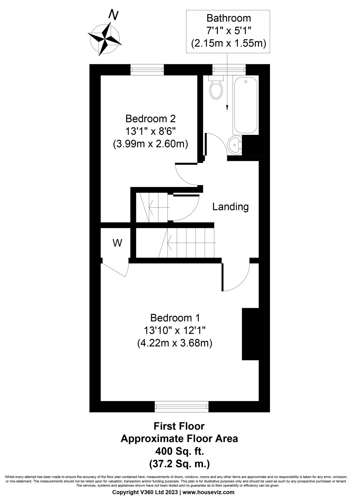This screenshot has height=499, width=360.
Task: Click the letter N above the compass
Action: pyautogui.click(x=113, y=15)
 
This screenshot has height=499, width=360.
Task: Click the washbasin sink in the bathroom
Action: pyautogui.click(x=235, y=145)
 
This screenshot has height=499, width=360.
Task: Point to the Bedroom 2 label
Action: pyautogui.click(x=150, y=118)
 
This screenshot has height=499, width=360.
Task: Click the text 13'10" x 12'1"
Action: pyautogui.click(x=175, y=330)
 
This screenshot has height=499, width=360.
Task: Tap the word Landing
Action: pyautogui.click(x=230, y=207)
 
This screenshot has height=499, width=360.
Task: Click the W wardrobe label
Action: pyautogui.click(x=117, y=243)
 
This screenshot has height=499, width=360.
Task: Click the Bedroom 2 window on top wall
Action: pyautogui.click(x=147, y=69)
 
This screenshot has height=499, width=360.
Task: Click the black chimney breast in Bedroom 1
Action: pyautogui.click(x=251, y=334)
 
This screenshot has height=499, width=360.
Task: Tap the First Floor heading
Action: pyautogui.click(x=179, y=426)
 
